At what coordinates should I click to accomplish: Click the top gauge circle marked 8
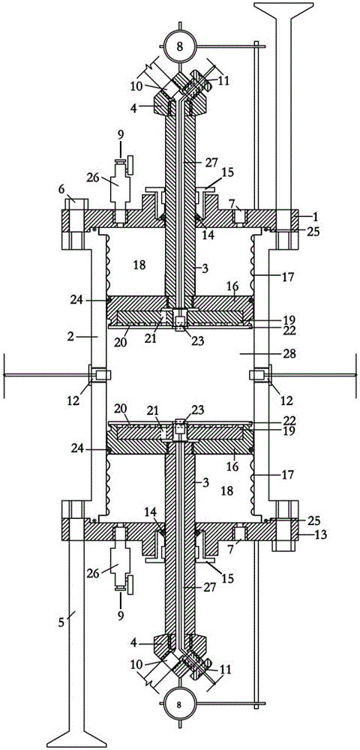(180, 46)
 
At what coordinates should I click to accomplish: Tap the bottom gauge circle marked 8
(180, 704)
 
